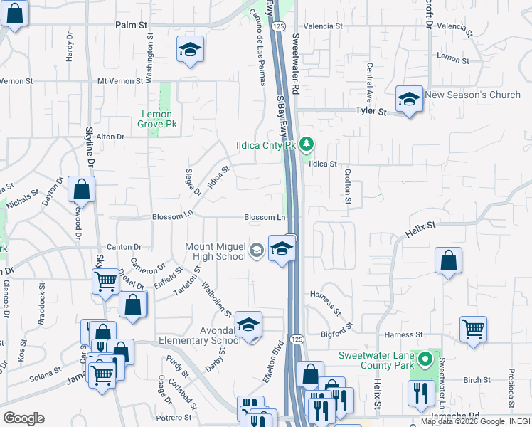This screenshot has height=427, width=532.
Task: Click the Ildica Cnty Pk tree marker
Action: (307, 144)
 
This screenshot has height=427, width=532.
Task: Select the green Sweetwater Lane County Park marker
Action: (426, 359)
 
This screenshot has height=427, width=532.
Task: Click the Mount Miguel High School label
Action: (215, 251)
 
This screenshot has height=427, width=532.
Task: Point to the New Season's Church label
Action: (472, 95)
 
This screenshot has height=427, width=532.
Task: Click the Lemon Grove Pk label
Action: (157, 119)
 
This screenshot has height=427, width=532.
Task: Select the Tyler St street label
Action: (371, 112)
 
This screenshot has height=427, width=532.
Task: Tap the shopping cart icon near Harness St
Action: (473, 329)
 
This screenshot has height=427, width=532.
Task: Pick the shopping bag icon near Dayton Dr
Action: (82, 189)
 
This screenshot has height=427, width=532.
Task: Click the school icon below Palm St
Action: (190, 49)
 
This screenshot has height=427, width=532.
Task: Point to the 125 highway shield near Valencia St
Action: (278, 26)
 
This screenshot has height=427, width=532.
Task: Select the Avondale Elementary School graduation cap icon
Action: (248, 324)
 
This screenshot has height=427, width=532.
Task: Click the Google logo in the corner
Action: (23, 418)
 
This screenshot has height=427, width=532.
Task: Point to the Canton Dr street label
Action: (124, 247)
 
